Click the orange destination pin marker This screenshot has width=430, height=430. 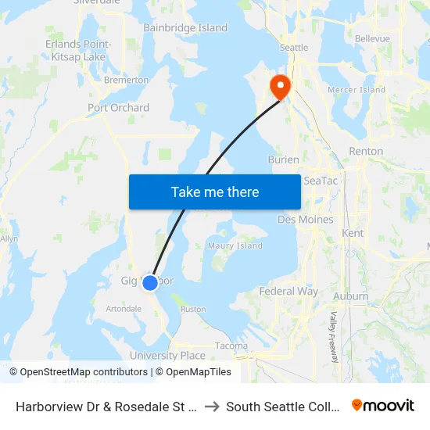pos(279,85)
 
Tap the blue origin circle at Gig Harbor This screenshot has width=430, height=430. pos(150,282)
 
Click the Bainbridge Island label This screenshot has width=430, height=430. pos(185,28)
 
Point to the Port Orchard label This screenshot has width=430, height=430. pos(119,108)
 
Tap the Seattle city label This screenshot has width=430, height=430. pos(294,48)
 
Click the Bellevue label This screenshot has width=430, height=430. pos(372,38)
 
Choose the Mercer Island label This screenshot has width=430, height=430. pos(357,90)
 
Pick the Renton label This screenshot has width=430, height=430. pos(366,151)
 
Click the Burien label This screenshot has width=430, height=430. pos(283,159)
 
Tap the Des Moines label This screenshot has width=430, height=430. pos(305,220)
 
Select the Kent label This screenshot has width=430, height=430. pos(353,233)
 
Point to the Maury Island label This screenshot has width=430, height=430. pos(235,246)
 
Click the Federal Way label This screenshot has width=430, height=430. pos(288,292)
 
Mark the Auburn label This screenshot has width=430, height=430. pos(350,296)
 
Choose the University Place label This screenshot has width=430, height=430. pos(167,356)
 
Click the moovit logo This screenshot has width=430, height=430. pos(383,406)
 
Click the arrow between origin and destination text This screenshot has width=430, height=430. pos(212,407)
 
